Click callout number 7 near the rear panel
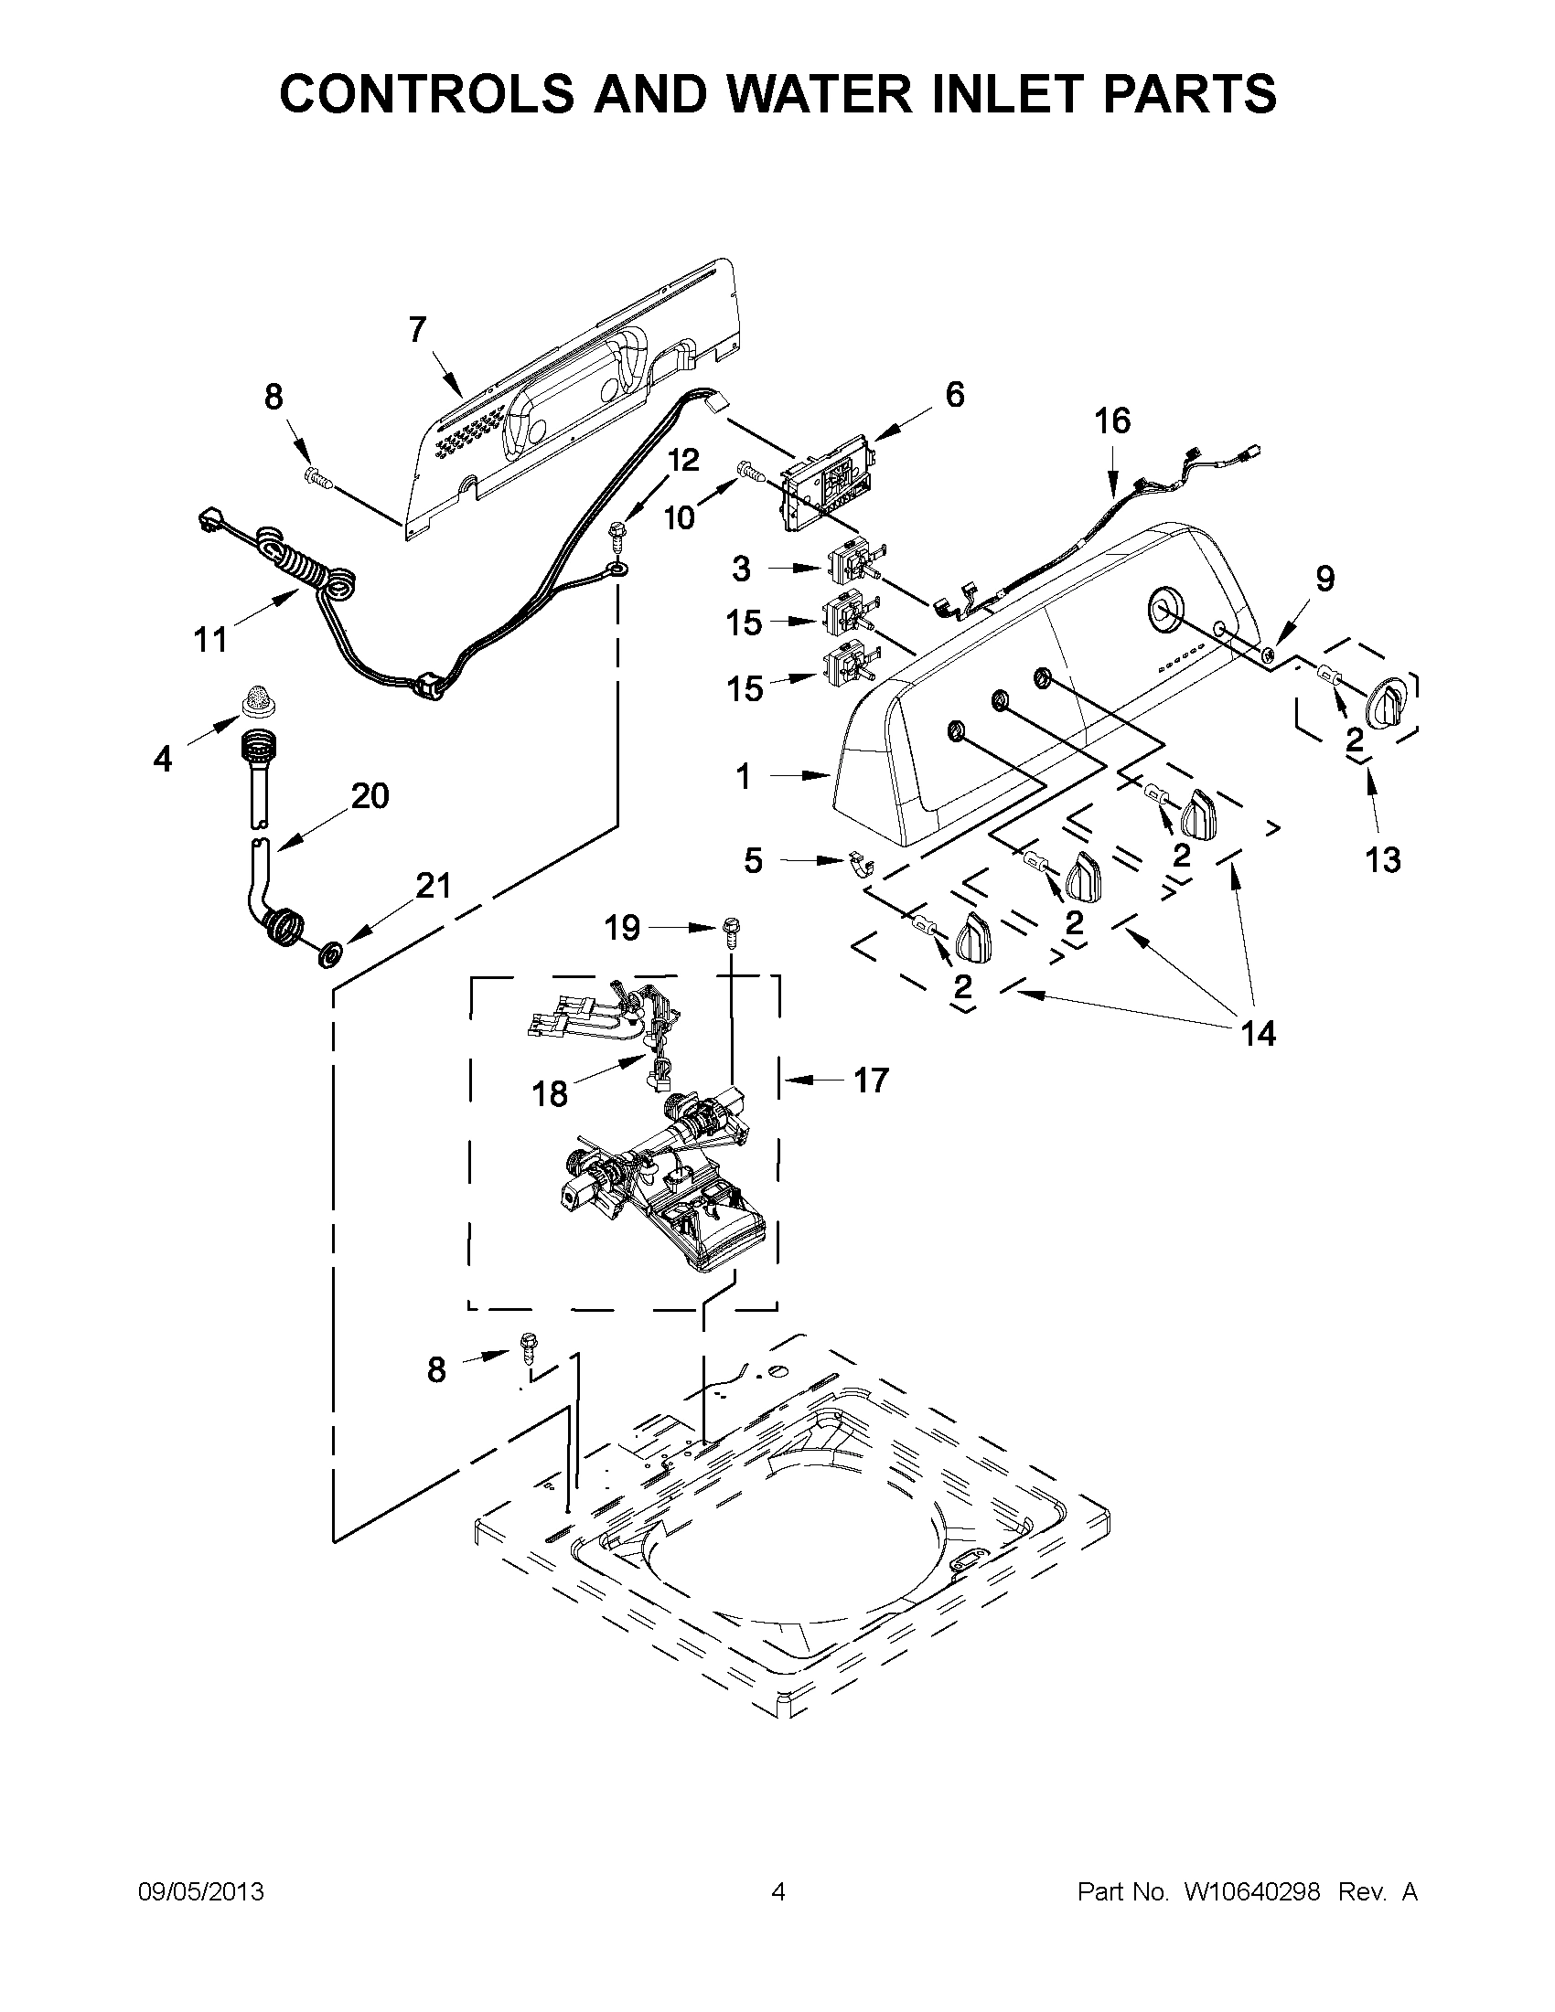417,329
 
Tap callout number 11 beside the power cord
210,637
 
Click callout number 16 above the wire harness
1111,421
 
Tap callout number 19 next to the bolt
622,928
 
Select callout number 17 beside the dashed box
870,1079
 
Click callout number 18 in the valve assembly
550,1093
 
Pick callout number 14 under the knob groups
1258,1034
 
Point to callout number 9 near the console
1324,579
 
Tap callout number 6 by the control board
954,394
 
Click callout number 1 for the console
744,778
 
